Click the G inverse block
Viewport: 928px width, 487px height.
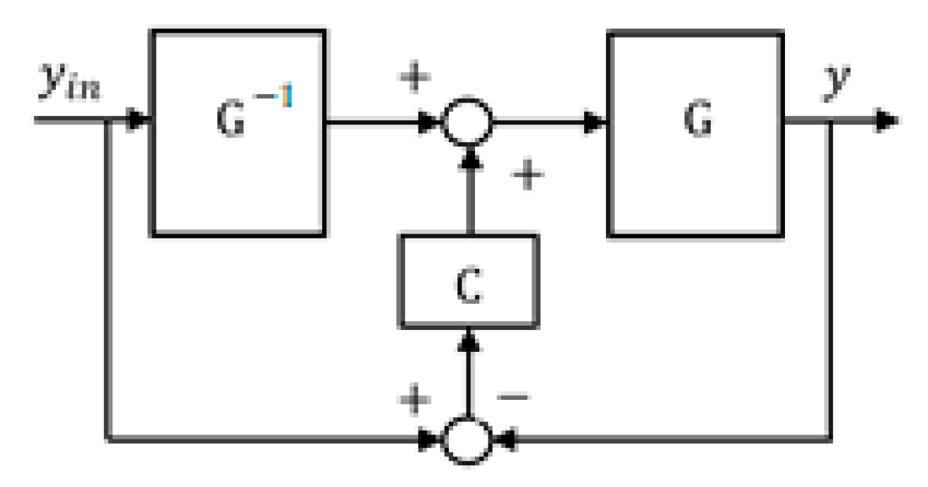(x=239, y=132)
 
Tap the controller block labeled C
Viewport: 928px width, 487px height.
(x=469, y=281)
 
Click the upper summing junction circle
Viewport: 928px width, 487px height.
(x=466, y=121)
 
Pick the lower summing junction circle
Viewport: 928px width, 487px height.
(x=466, y=440)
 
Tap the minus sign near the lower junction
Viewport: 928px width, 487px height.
(x=513, y=397)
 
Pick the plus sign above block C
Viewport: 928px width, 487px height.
(x=527, y=176)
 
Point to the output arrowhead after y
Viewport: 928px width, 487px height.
(x=887, y=121)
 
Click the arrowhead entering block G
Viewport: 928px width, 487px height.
(x=598, y=122)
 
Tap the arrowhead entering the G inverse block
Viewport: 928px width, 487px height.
(x=142, y=121)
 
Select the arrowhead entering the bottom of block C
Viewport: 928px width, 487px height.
(x=468, y=340)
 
